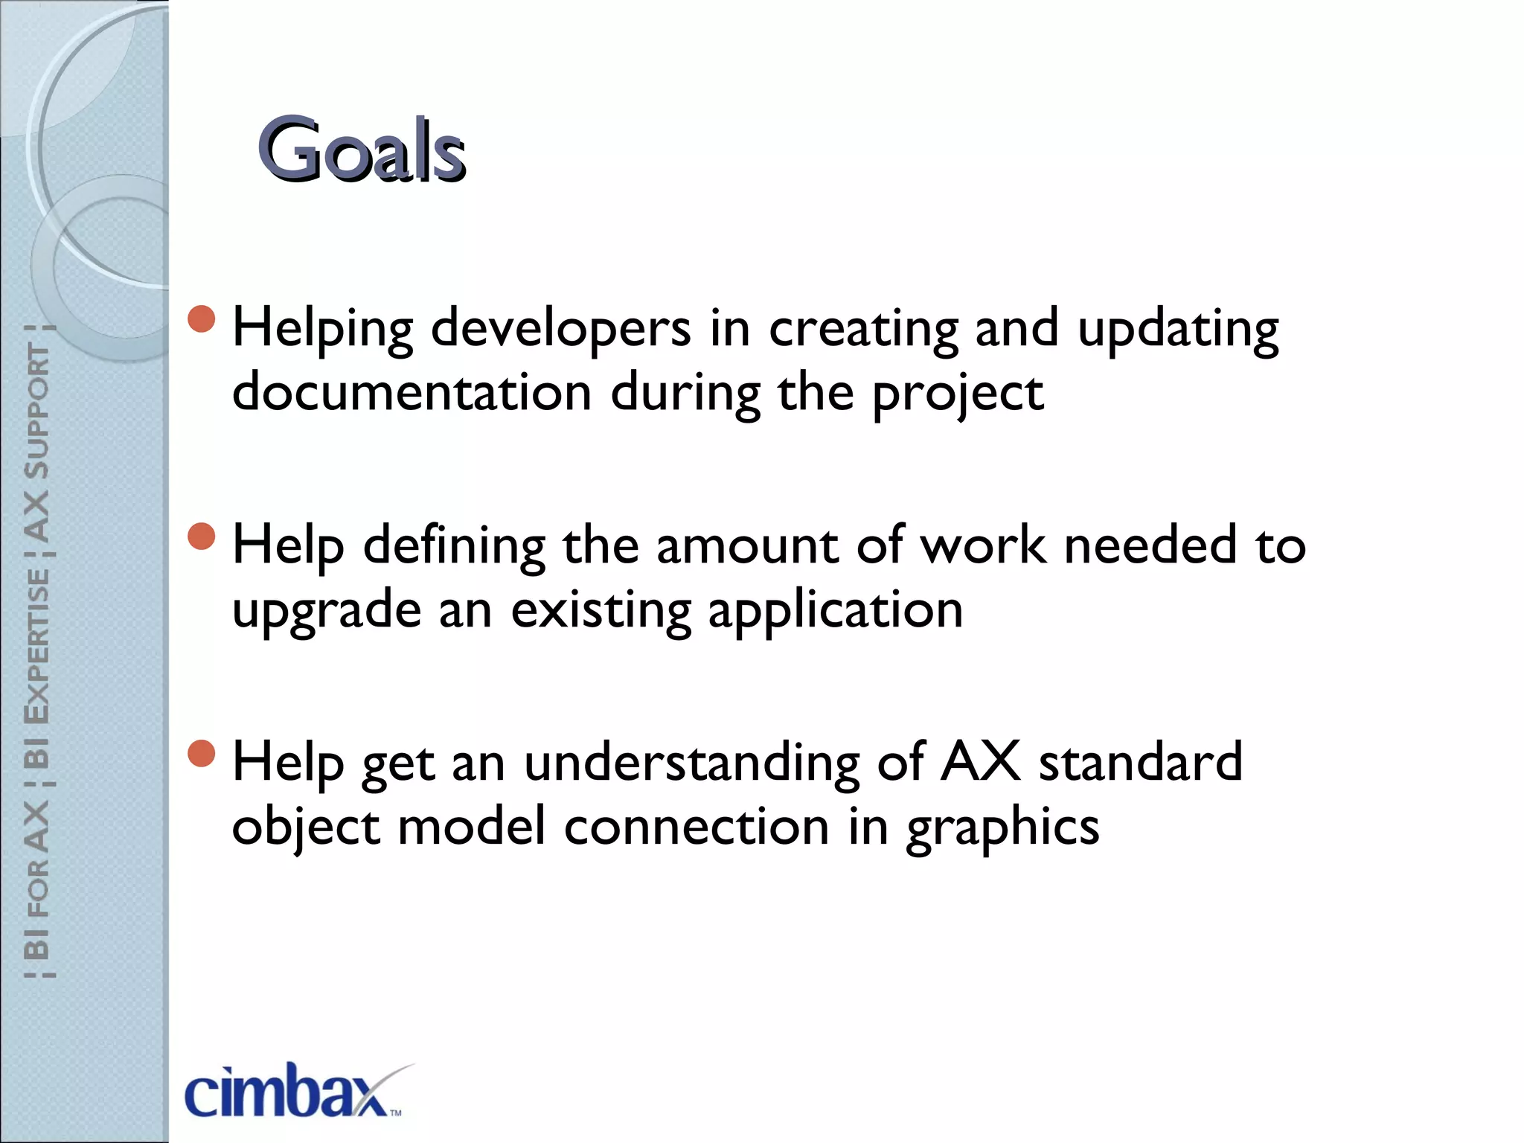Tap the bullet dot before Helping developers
pyautogui.click(x=202, y=319)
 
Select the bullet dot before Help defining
pyautogui.click(x=202, y=536)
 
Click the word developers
pyautogui.click(x=560, y=329)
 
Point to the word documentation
pyautogui.click(x=412, y=393)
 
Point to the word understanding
pyautogui.click(x=691, y=763)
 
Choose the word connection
pyautogui.click(x=696, y=827)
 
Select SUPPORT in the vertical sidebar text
pyautogui.click(x=37, y=411)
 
